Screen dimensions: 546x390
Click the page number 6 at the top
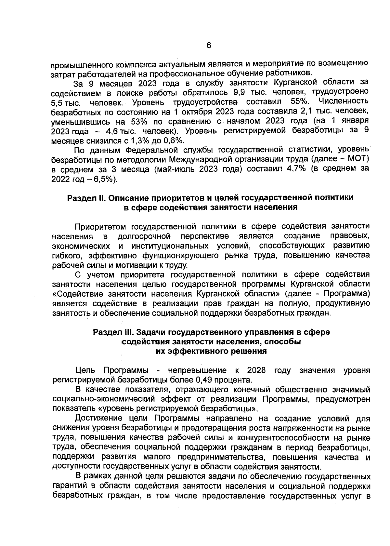click(x=209, y=46)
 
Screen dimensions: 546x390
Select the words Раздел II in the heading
click(x=84, y=198)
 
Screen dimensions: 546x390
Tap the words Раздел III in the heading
click(x=112, y=332)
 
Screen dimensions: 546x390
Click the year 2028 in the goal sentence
click(x=256, y=370)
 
